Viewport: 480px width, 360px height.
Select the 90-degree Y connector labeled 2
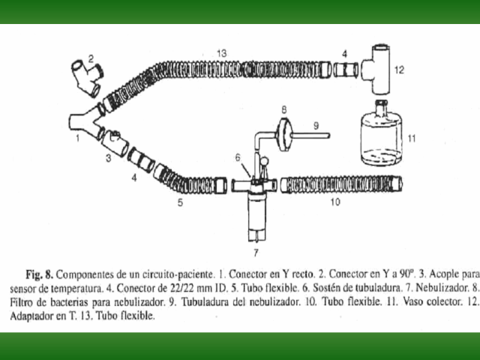[88, 78]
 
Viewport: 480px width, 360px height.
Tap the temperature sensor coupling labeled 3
[115, 143]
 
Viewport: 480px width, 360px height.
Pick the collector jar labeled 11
[381, 133]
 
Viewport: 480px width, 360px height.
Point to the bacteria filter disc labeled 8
[285, 135]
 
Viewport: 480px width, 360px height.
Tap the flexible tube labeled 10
[342, 184]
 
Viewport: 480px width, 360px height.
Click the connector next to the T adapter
[345, 70]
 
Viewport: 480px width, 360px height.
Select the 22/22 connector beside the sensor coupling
[141, 160]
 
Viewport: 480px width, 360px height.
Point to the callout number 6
[238, 157]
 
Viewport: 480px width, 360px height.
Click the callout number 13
[222, 53]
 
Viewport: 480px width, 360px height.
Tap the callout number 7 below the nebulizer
[256, 253]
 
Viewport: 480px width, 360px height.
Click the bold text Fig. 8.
[40, 274]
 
